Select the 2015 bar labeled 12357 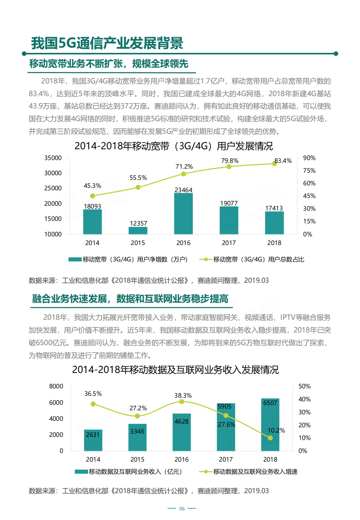(x=138, y=230)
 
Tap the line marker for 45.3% (x=92, y=196)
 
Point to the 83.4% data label (x=283, y=161)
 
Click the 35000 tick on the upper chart (x=53, y=158)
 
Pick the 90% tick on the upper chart (x=309, y=158)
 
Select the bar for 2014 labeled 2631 (x=93, y=441)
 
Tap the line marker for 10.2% (x=270, y=438)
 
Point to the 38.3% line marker (x=182, y=402)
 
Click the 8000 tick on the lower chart (x=56, y=386)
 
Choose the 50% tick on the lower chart (x=304, y=386)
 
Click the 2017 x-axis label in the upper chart (x=229, y=243)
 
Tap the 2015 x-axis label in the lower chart (x=137, y=459)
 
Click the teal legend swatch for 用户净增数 (x=75, y=260)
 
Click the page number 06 (x=182, y=509)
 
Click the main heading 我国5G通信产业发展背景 (x=107, y=43)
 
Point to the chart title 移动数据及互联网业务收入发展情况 (x=175, y=370)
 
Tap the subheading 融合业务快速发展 (x=70, y=299)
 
